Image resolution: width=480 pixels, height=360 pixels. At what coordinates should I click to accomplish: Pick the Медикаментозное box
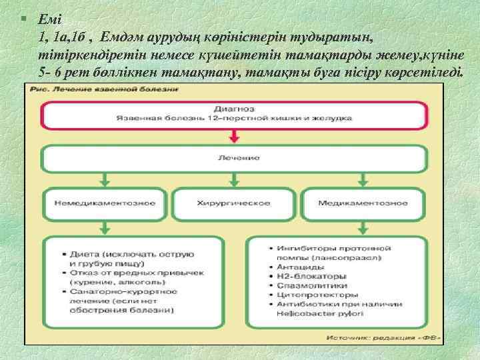362,202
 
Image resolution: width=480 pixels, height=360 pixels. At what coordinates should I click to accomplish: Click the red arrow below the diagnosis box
233,136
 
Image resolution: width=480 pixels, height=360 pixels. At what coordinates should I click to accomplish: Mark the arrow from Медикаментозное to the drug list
362,227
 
